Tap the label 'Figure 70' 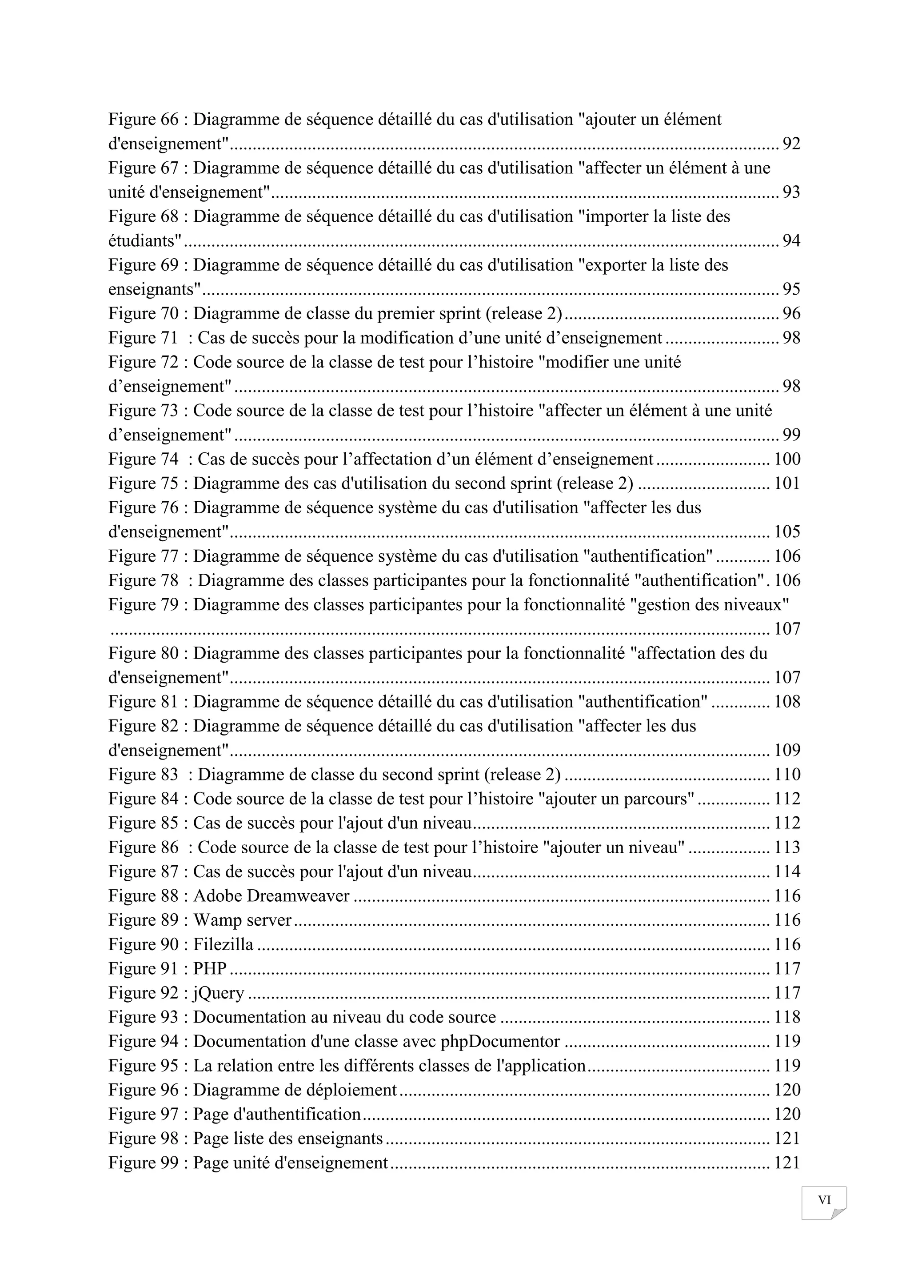(x=143, y=314)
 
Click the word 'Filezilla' (x=223, y=944)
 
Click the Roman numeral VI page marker (x=824, y=1199)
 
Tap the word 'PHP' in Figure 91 (x=210, y=969)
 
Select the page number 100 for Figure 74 (x=787, y=460)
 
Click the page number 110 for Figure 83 (x=787, y=775)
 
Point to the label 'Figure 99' (x=143, y=1163)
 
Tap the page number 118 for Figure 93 (x=787, y=1017)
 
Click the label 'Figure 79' (x=143, y=605)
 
